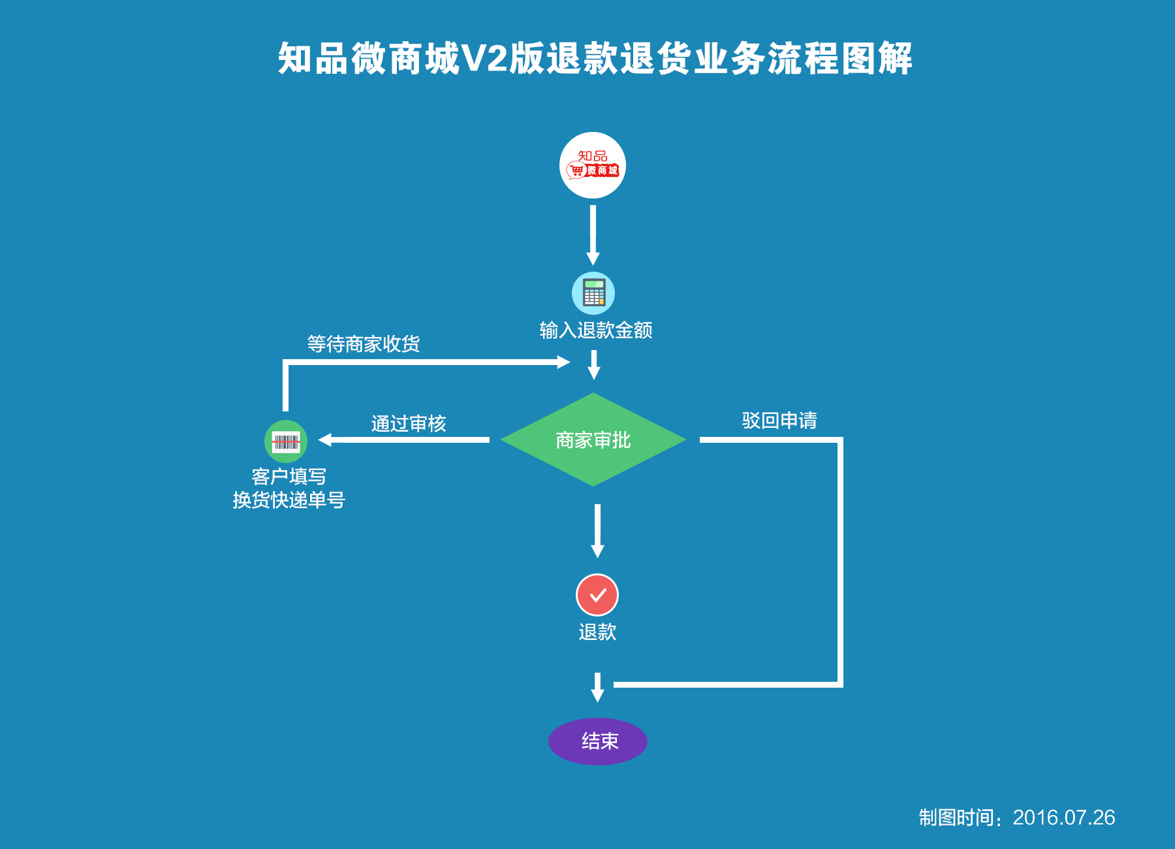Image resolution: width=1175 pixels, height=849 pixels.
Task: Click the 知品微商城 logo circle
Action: tap(593, 165)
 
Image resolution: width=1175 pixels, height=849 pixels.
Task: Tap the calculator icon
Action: tap(593, 293)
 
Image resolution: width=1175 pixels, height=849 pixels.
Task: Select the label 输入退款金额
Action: tap(595, 330)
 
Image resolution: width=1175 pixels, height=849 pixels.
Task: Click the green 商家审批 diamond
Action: tap(593, 440)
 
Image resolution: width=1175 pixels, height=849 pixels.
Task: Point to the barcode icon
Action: tap(286, 441)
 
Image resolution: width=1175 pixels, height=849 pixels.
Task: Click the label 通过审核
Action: tap(409, 424)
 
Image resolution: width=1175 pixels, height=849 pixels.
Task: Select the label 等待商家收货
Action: tap(363, 344)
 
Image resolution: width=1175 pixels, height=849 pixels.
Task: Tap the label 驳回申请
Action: tap(779, 421)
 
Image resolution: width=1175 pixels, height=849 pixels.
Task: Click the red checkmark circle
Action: tap(597, 595)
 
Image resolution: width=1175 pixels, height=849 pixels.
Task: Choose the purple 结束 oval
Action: tap(598, 741)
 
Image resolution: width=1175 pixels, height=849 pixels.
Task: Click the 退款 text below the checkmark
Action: tap(597, 632)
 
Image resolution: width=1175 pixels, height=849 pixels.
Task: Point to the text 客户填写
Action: tap(289, 477)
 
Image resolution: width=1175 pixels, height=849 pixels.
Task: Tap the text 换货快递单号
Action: tap(289, 500)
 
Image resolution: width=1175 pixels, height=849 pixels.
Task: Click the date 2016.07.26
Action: tap(1063, 818)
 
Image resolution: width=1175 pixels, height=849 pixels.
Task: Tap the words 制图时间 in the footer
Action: tap(956, 818)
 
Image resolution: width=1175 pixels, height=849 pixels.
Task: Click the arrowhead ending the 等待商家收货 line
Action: tap(563, 362)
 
